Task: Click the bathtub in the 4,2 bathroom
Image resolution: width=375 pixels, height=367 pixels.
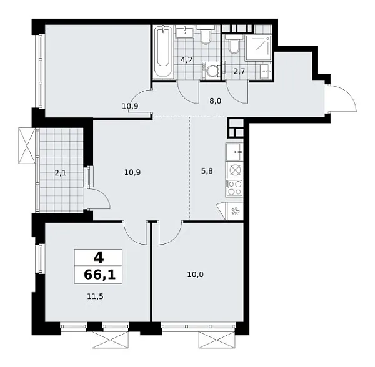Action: [164, 52]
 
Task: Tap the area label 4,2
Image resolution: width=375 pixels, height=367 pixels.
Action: [186, 60]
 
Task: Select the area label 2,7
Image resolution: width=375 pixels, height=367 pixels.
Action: [239, 71]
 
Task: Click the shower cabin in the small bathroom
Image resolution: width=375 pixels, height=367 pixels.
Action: [259, 48]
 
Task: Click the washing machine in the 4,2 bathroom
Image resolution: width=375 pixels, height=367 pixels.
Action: [212, 71]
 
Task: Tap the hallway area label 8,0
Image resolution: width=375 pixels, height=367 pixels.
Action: [215, 101]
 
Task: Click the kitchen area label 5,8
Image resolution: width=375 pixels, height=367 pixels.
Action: [207, 171]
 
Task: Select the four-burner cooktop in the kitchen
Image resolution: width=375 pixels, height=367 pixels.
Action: [234, 188]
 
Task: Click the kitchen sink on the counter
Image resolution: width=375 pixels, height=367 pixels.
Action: [234, 152]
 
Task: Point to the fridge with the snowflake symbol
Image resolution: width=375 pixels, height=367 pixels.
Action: [234, 211]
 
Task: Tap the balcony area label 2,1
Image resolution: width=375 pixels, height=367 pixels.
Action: [61, 173]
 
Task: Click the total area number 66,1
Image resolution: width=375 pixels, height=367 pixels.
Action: [100, 275]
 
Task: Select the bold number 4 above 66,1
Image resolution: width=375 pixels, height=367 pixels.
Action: [99, 258]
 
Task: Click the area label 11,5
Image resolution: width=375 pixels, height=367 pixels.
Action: [95, 296]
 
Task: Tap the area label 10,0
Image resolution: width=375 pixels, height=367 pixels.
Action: [196, 275]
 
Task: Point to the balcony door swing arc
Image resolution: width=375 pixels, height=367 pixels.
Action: [103, 194]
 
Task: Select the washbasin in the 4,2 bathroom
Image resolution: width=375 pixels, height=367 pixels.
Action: [184, 31]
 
